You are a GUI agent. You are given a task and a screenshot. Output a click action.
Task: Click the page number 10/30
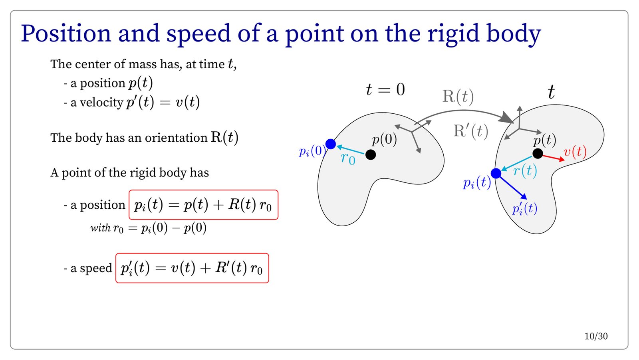pos(596,336)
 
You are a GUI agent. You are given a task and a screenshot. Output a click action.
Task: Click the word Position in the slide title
pos(66,34)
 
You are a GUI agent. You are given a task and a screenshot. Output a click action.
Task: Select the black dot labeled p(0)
pos(371,155)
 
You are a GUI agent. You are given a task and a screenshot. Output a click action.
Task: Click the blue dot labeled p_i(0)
pos(331,144)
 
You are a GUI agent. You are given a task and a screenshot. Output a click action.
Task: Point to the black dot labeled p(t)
pos(538,154)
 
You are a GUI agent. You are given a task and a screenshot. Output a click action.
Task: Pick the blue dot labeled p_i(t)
pos(496,173)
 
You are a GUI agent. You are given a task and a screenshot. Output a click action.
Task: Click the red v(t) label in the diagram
pos(575,151)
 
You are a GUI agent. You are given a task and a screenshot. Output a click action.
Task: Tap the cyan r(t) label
pos(525,171)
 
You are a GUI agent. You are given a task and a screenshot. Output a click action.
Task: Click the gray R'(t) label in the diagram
pos(471,131)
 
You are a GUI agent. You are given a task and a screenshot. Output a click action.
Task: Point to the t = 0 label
pos(385,90)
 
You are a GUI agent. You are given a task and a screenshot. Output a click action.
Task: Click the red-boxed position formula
pos(203,205)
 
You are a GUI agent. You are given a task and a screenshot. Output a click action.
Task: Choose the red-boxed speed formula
pos(192,268)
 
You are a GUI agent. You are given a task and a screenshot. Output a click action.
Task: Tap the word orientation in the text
pos(176,138)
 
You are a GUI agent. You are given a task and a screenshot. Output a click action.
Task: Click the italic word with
pos(100,228)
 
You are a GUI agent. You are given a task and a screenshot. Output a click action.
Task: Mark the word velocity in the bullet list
pos(101,102)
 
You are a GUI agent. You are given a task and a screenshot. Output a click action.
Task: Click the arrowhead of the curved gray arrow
pos(506,118)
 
